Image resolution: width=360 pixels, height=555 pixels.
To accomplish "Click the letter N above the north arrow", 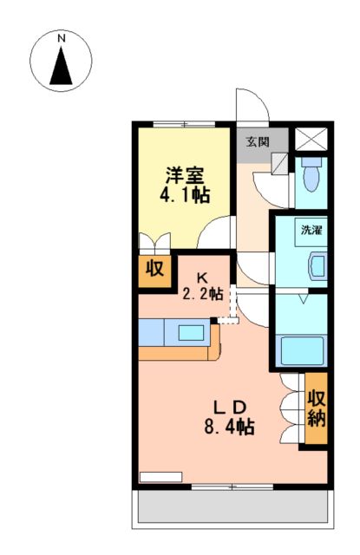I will (62, 39).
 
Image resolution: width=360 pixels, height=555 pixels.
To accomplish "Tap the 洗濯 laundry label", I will (311, 231).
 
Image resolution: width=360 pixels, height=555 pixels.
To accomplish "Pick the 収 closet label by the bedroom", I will (154, 269).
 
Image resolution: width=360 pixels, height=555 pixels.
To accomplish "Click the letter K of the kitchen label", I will (202, 278).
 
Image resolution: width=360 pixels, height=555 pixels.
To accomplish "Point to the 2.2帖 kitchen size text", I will (203, 294).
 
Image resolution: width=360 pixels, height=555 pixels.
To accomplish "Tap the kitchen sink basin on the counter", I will (190, 331).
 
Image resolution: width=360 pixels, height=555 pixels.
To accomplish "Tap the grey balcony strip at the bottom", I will (231, 508).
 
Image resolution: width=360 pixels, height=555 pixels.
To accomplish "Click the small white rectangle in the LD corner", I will (160, 476).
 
